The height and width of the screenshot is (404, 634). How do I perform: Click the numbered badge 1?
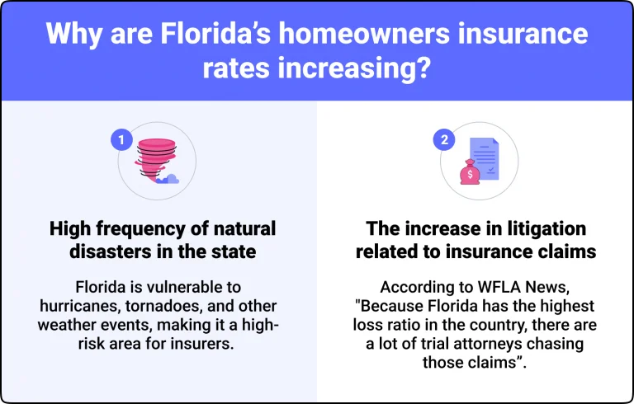[121, 140]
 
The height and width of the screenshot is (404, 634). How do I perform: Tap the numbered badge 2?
[444, 140]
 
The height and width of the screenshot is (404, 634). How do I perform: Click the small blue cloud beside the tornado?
[171, 178]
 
